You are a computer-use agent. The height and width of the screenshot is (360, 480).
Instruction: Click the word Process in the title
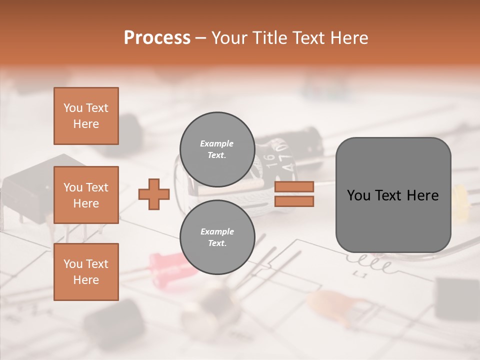pos(157,38)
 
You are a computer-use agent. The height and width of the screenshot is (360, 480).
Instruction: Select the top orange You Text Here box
pos(86,116)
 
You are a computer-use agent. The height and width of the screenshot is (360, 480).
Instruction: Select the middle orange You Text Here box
pos(86,195)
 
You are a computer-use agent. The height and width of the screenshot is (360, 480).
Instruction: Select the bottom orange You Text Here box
pos(86,272)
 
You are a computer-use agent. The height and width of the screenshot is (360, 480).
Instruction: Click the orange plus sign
pos(154,195)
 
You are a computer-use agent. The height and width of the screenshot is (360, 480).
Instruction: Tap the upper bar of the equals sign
pos(294,187)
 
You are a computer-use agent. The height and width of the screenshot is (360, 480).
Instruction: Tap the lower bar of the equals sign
pos(294,201)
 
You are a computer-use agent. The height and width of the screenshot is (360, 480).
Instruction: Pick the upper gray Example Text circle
pos(217,149)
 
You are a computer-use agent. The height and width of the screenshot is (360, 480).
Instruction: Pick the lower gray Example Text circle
pos(217,237)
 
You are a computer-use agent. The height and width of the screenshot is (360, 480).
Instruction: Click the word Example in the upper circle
pos(217,143)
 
